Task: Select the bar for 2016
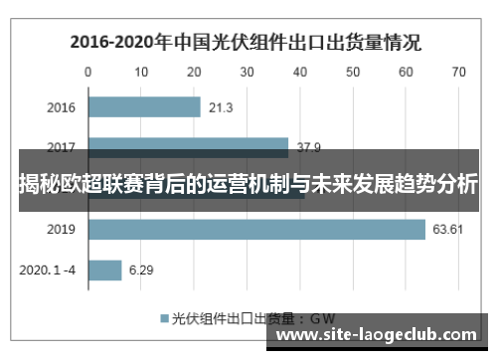pyautogui.click(x=144, y=107)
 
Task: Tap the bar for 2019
pyautogui.click(x=256, y=229)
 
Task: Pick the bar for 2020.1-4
pyautogui.click(x=104, y=270)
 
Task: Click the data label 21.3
pyautogui.click(x=222, y=107)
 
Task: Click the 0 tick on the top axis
pyautogui.click(x=88, y=72)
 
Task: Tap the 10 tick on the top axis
pyautogui.click(x=141, y=72)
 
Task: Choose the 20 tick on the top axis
pyautogui.click(x=194, y=72)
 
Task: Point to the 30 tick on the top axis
pyautogui.click(x=248, y=72)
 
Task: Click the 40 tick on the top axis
pyautogui.click(x=300, y=72)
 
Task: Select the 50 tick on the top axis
pyautogui.click(x=353, y=72)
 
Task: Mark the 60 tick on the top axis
pyautogui.click(x=406, y=72)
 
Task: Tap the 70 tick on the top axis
pyautogui.click(x=458, y=72)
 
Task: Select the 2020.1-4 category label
pyautogui.click(x=49, y=270)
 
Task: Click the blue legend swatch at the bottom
pyautogui.click(x=165, y=320)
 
